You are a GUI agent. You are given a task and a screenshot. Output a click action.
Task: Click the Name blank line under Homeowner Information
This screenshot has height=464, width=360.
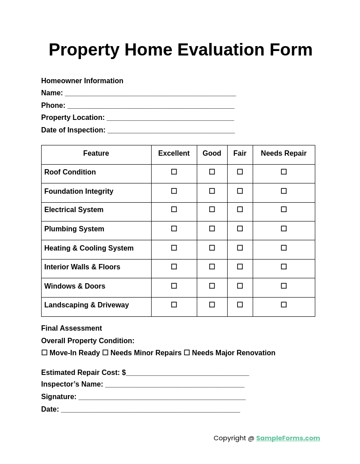point(150,94)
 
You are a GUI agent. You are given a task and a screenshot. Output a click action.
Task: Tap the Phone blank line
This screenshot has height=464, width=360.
point(151,106)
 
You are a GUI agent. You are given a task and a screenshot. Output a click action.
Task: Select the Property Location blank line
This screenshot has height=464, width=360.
point(170,118)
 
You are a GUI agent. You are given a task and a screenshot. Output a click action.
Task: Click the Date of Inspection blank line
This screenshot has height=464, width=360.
point(171,131)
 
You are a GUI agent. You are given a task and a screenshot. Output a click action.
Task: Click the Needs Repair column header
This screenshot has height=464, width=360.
point(284,153)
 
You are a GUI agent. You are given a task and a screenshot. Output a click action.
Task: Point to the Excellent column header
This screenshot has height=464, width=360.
point(174,153)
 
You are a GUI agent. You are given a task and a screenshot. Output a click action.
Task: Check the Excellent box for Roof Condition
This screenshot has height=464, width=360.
point(174,172)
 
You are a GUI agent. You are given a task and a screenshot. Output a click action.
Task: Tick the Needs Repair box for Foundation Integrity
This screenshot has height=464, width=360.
point(284,191)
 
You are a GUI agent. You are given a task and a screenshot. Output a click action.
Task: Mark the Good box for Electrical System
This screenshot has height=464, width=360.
point(212,209)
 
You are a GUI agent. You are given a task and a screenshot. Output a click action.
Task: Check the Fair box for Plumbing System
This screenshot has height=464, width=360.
point(240,229)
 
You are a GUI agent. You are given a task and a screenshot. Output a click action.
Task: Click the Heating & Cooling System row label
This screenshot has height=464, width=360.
point(89,248)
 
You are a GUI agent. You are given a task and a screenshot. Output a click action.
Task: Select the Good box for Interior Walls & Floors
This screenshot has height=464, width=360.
point(212,267)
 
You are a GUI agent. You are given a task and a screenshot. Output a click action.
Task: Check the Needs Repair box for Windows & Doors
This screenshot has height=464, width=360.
point(284,286)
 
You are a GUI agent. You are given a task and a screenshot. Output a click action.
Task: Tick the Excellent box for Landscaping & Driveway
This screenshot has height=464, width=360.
point(174,305)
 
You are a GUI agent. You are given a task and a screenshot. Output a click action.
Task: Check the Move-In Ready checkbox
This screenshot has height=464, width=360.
point(44,353)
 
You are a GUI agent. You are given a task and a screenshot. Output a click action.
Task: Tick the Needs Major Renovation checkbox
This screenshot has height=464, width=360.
point(187,353)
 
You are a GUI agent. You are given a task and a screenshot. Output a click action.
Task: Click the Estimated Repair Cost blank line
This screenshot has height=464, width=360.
point(187,373)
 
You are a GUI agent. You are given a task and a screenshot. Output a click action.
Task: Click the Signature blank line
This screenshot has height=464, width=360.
point(162,397)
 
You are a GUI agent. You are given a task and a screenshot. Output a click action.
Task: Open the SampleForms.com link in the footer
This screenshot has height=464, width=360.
point(288,438)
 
